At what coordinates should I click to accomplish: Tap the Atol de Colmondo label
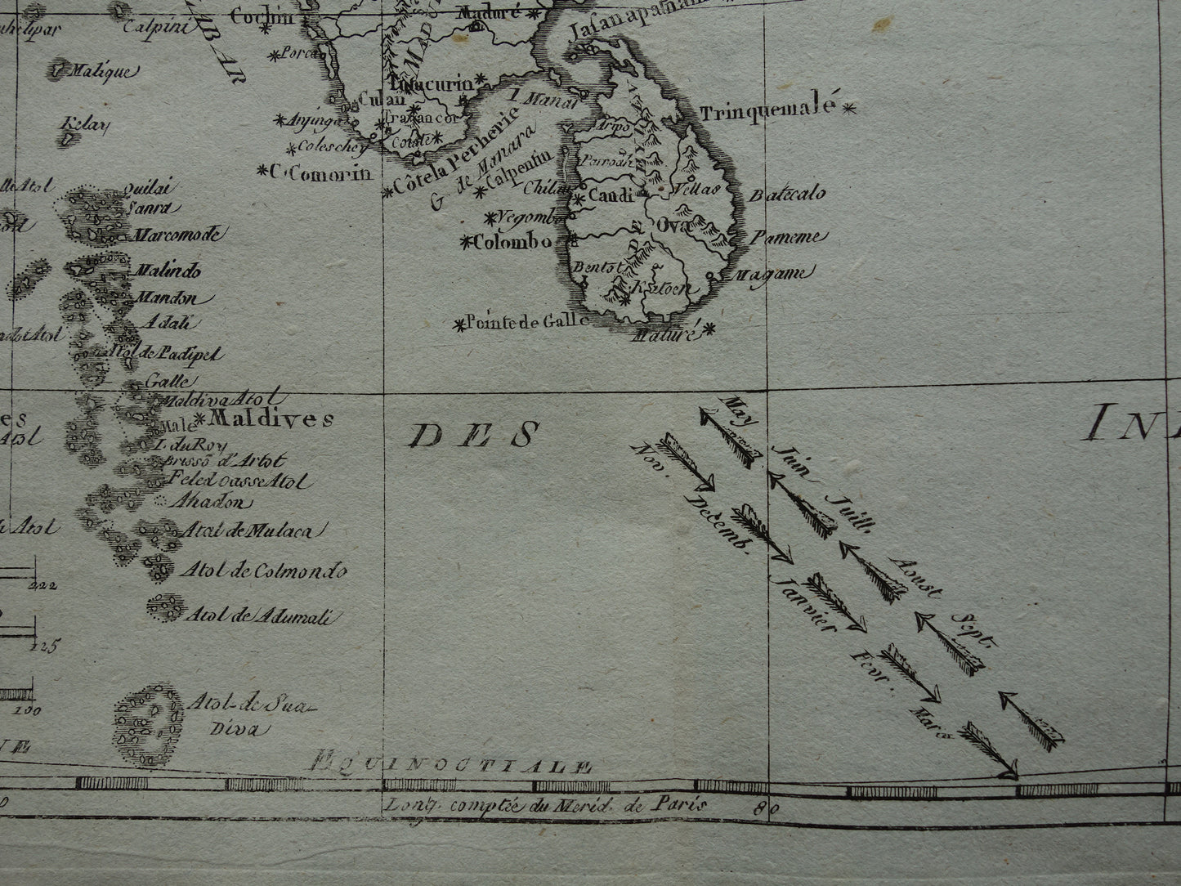(x=263, y=571)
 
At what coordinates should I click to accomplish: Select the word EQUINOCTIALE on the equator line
(x=451, y=767)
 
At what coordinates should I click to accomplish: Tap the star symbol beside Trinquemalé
(x=850, y=106)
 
